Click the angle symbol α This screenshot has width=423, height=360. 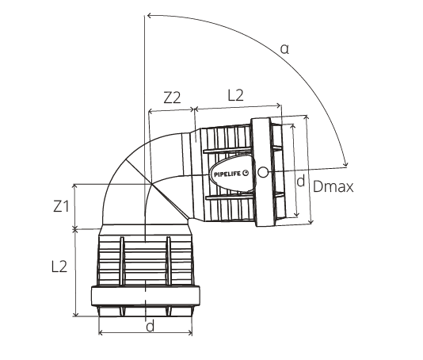pyautogui.click(x=284, y=49)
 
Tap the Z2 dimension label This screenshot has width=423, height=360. pyautogui.click(x=172, y=98)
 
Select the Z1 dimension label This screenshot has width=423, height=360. pyautogui.click(x=61, y=206)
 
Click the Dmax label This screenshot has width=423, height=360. pyautogui.click(x=333, y=186)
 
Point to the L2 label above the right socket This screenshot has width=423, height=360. pyautogui.click(x=236, y=95)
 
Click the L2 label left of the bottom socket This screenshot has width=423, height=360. pyautogui.click(x=59, y=266)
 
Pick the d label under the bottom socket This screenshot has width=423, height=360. pyautogui.click(x=150, y=326)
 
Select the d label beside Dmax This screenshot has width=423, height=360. pyautogui.click(x=300, y=181)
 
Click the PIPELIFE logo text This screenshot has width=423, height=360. pyautogui.click(x=228, y=174)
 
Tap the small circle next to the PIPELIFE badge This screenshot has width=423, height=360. pyautogui.click(x=263, y=172)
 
